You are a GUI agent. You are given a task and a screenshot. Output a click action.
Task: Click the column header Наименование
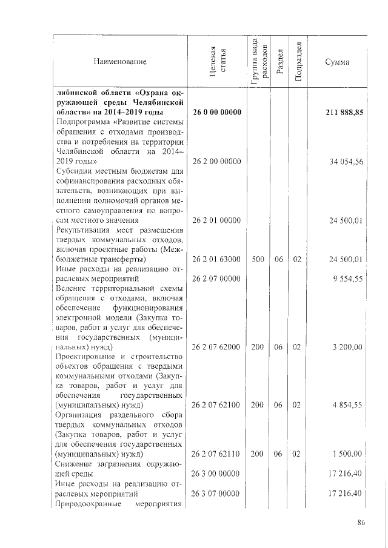(120, 62)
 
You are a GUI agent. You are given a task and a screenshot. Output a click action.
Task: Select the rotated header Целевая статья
(218, 62)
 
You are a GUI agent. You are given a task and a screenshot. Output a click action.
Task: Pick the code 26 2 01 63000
(217, 259)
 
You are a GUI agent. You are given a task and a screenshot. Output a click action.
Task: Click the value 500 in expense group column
(257, 259)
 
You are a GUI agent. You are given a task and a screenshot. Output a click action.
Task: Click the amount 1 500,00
(348, 454)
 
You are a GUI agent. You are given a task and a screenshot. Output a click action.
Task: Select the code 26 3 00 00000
(217, 473)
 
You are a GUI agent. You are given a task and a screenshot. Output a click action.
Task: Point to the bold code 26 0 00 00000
(217, 113)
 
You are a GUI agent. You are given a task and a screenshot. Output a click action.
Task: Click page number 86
(361, 523)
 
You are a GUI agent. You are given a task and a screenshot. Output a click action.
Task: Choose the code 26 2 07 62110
(217, 454)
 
